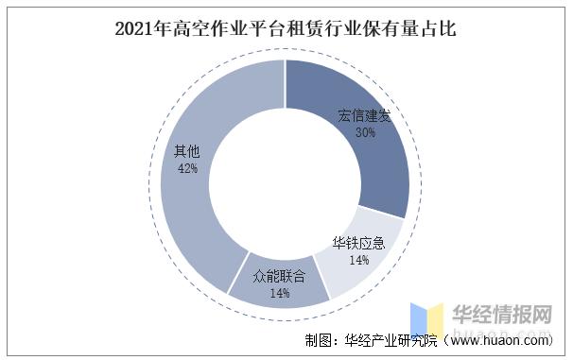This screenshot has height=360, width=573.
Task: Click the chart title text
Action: pyautogui.click(x=286, y=29)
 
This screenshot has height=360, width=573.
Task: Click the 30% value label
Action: pyautogui.click(x=365, y=133)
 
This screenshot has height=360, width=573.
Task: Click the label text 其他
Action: pyautogui.click(x=185, y=151)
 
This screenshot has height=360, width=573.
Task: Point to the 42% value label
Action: pyautogui.click(x=186, y=168)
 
